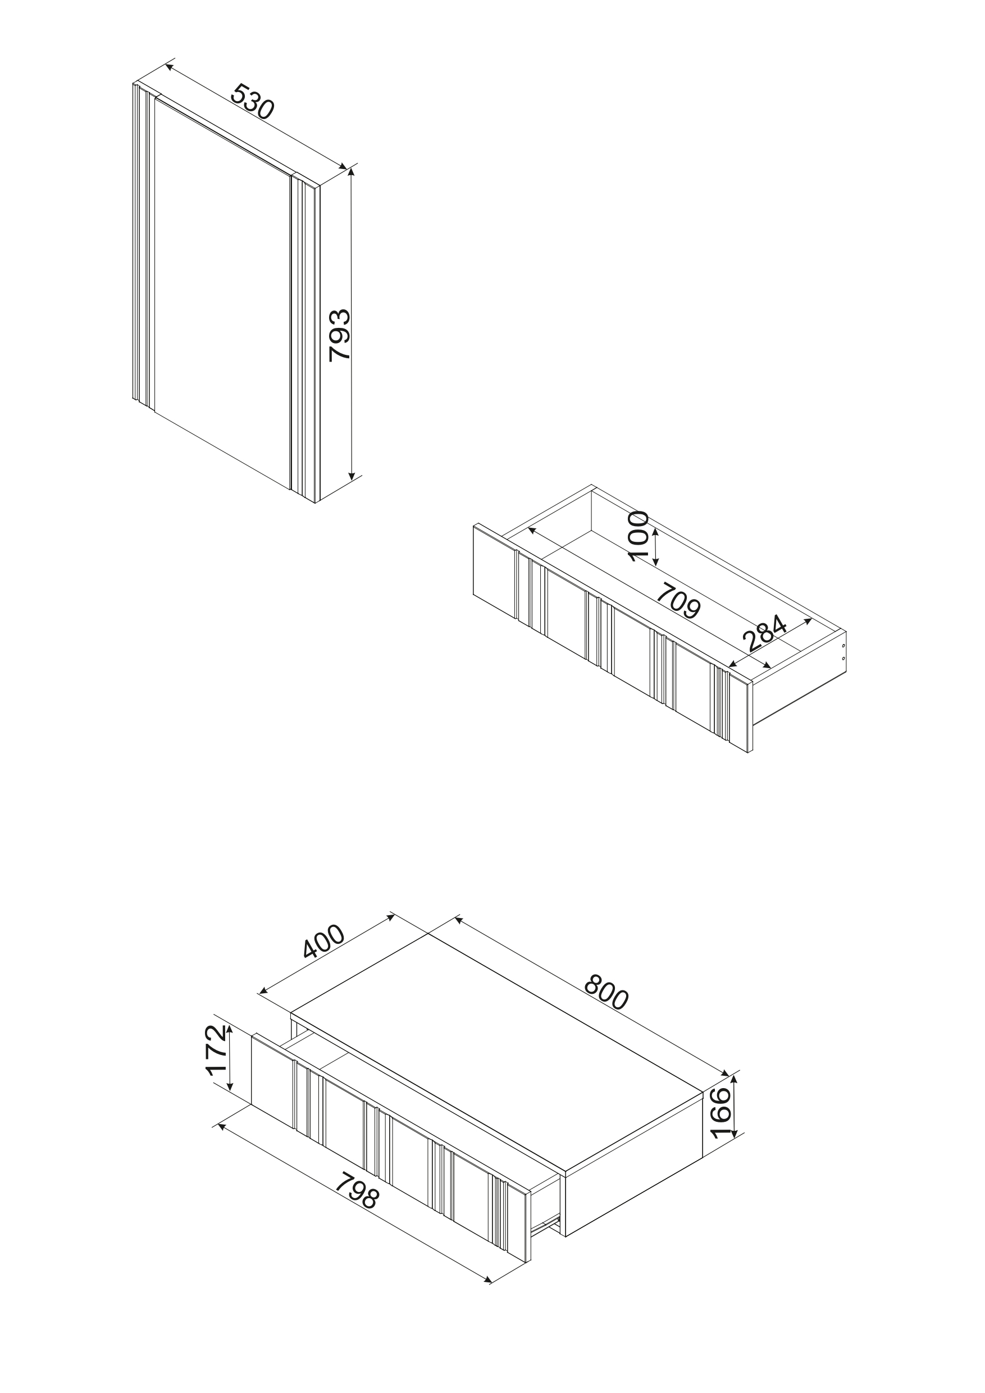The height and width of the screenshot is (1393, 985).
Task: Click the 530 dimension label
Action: pos(253,101)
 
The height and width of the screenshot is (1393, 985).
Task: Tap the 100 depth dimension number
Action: pos(639,536)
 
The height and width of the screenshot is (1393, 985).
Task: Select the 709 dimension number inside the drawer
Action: pos(679,600)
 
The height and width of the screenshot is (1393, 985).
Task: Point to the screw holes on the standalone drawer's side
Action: pos(843,651)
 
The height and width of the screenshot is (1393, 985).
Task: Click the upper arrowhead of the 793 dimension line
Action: pos(352,172)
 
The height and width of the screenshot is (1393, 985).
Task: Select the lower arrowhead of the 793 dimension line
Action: pos(352,475)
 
